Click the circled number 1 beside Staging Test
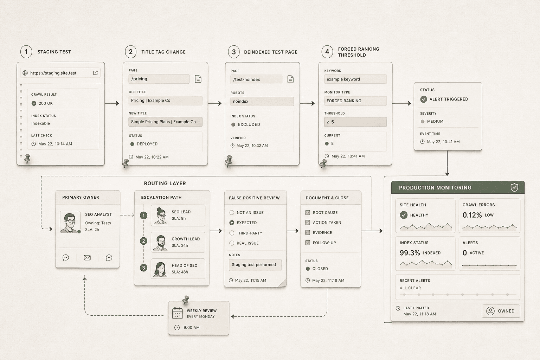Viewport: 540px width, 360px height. click(x=26, y=52)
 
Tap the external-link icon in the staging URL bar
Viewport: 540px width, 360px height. click(x=96, y=73)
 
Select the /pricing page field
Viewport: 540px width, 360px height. click(x=159, y=79)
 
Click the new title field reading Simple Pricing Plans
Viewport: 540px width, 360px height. click(x=165, y=122)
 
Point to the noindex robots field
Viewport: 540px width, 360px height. click(x=262, y=101)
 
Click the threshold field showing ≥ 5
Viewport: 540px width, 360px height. click(x=355, y=122)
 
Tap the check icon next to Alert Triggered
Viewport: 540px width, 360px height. click(x=424, y=99)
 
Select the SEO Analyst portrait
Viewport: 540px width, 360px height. click(x=70, y=222)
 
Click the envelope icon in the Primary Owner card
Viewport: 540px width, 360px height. click(x=87, y=258)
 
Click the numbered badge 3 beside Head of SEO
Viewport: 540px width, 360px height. click(x=144, y=268)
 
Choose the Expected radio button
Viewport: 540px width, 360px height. click(x=232, y=223)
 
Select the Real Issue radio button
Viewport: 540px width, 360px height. click(x=232, y=243)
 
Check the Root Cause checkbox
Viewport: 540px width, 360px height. click(x=308, y=212)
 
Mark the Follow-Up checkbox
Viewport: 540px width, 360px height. click(x=308, y=243)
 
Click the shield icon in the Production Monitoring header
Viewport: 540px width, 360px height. click(x=514, y=187)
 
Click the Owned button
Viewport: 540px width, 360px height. click(x=501, y=311)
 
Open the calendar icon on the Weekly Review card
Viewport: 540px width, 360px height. click(x=178, y=313)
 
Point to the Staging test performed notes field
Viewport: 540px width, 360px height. click(x=255, y=265)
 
